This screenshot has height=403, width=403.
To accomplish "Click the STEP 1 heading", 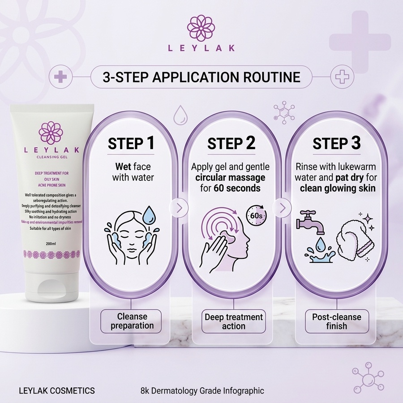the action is [131, 143].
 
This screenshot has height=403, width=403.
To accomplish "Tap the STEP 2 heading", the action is [232, 143].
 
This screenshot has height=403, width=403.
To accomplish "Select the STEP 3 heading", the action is [336, 143].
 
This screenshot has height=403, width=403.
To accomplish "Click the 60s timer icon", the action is [257, 215].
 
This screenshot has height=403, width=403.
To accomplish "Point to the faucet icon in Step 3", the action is [310, 223].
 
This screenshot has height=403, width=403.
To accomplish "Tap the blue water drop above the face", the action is [149, 214].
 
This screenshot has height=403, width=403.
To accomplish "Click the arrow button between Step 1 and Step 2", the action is [179, 208].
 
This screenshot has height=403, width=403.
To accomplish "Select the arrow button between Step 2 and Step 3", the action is [283, 208].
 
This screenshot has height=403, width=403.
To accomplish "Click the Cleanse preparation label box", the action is [131, 321].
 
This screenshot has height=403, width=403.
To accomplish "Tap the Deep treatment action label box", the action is [233, 321].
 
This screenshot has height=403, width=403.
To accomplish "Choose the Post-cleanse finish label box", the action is [337, 321].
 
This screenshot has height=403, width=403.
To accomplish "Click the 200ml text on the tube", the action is [51, 244].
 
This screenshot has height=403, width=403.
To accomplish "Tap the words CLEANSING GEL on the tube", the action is [52, 157].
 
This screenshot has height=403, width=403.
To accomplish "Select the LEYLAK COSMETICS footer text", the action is [57, 391].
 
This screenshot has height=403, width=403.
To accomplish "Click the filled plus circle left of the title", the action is [60, 77].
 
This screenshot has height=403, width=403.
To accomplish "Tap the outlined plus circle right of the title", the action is [342, 77].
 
